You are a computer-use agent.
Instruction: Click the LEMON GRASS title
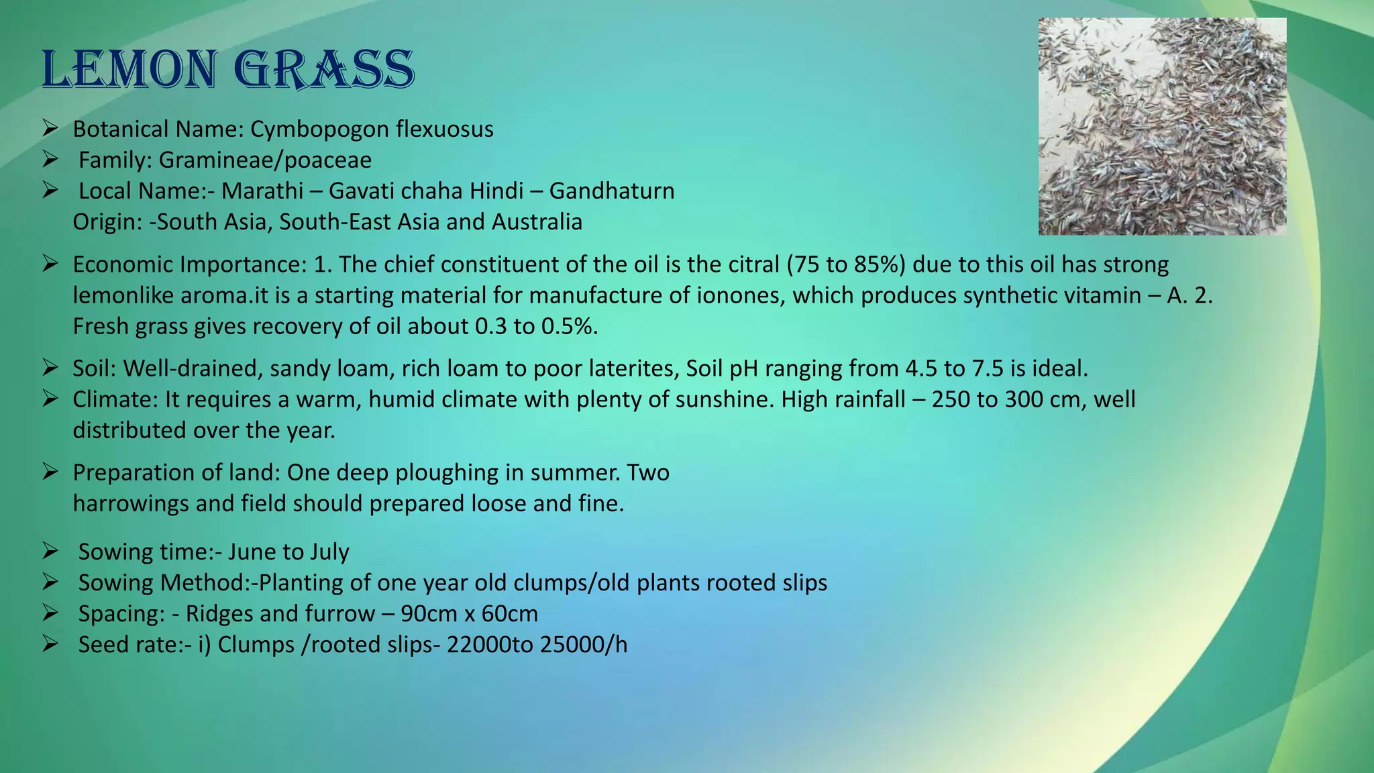pos(227,69)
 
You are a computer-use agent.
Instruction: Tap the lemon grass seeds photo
pos(1162,126)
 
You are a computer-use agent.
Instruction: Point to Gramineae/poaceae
pos(265,160)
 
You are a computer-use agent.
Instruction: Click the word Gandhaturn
pos(612,191)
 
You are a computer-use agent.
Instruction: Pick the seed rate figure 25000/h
pos(584,644)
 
